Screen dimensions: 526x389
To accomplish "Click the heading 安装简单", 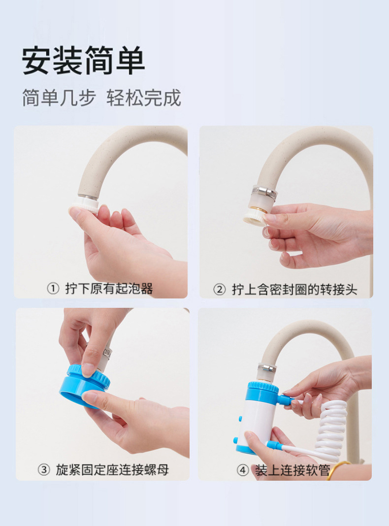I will (x=83, y=61).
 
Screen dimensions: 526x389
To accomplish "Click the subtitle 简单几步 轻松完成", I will (x=101, y=98).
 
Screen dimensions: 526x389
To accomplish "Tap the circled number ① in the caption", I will (x=53, y=289).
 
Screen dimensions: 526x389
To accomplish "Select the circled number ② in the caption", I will (x=219, y=290).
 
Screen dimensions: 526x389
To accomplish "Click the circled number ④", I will (x=243, y=470).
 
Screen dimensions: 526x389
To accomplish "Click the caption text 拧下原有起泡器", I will (x=109, y=289).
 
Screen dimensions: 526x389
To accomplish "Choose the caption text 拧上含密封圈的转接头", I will (x=294, y=290).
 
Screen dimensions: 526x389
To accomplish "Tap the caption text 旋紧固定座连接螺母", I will (x=112, y=470).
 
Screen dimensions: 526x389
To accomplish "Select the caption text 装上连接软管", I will (x=292, y=470).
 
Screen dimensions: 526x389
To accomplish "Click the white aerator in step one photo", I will (x=85, y=205).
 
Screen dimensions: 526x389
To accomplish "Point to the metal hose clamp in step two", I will (x=265, y=191).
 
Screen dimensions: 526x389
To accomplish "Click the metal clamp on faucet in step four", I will (x=267, y=369).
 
